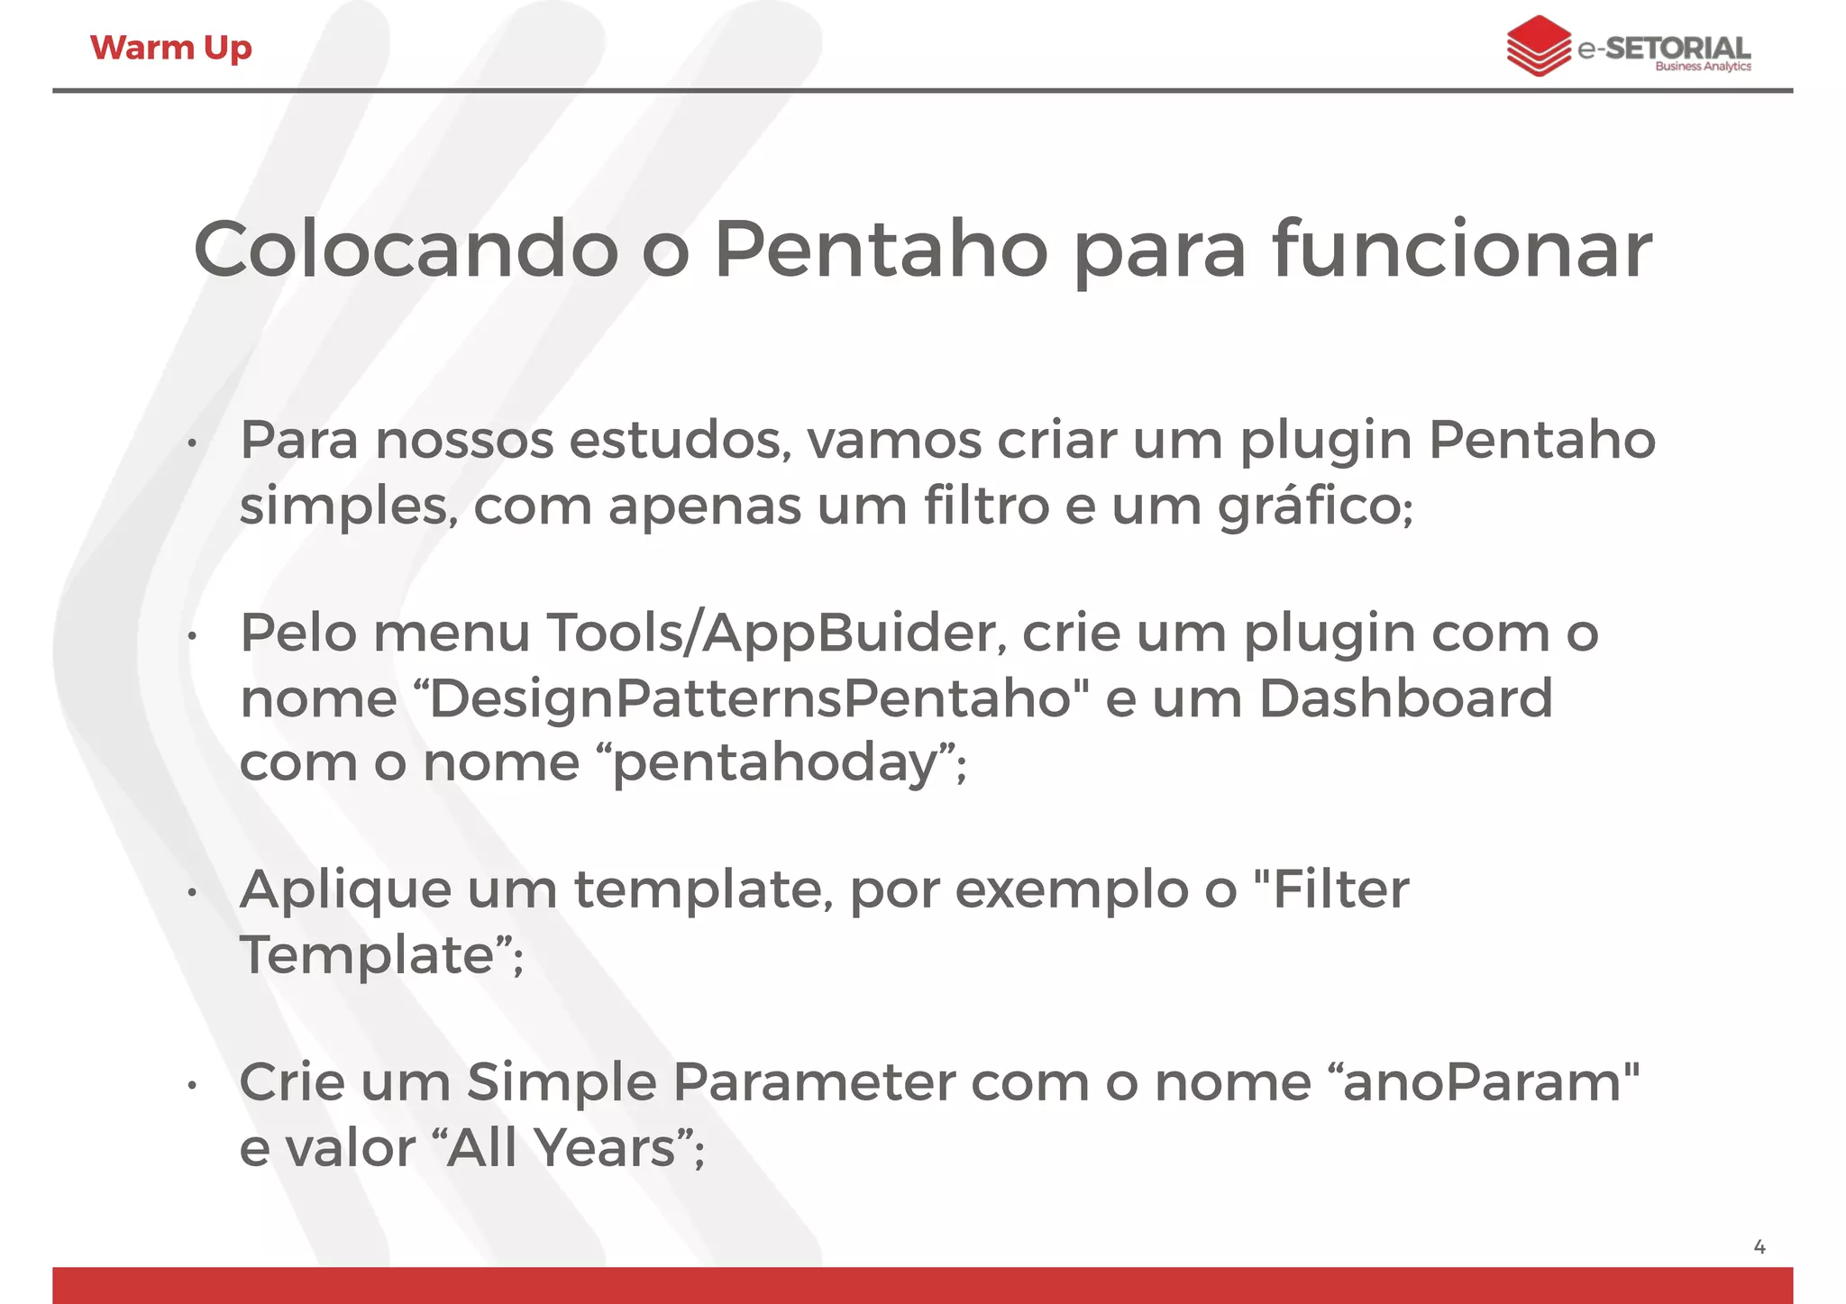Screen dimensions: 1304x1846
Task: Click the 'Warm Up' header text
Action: point(170,48)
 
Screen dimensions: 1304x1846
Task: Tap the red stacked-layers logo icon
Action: point(1538,45)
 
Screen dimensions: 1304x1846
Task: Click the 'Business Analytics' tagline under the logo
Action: point(1703,67)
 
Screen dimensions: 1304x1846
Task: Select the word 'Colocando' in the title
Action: point(406,250)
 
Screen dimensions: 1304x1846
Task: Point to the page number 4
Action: point(1759,1247)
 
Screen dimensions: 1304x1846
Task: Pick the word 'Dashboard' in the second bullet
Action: point(1405,699)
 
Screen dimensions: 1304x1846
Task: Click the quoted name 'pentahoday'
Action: point(775,763)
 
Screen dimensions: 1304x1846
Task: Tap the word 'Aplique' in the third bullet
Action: point(345,890)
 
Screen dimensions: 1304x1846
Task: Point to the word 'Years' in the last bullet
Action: point(604,1148)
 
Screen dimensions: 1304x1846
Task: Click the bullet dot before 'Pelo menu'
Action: point(192,636)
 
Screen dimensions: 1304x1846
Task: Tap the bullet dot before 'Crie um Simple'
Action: point(192,1086)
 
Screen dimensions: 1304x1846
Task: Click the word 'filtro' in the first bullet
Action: point(986,506)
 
